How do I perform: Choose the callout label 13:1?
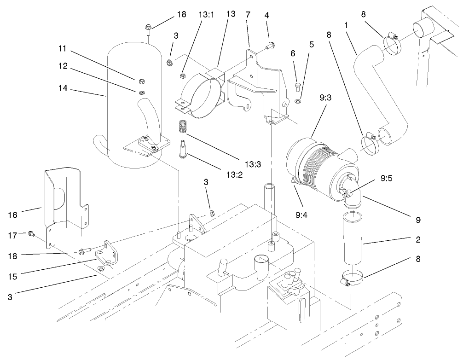tap(206, 14)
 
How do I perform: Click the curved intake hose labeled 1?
tap(373, 92)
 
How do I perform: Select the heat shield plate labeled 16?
tap(64, 203)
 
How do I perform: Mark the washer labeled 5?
tap(298, 101)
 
